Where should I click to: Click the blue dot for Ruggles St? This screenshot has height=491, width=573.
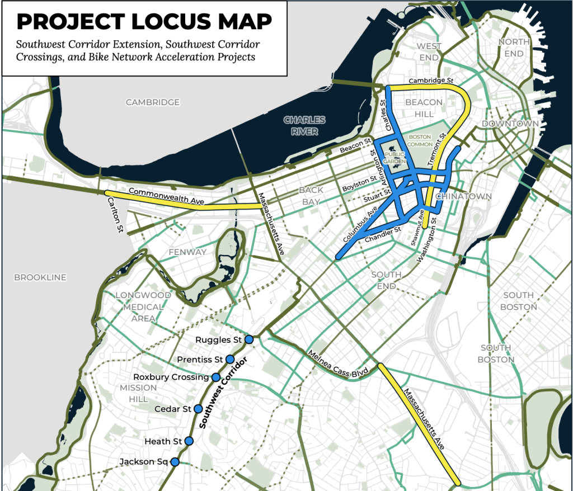249,339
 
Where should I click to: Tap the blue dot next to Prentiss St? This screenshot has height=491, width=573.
230,358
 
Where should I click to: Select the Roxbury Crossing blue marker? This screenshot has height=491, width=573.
216,377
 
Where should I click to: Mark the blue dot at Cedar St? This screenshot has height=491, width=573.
198,409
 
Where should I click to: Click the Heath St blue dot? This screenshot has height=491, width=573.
189,441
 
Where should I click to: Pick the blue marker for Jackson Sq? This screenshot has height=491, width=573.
175,461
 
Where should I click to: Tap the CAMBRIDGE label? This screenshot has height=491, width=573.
153,102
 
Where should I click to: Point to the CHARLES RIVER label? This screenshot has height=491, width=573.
304,125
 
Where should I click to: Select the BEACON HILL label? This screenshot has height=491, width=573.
424,108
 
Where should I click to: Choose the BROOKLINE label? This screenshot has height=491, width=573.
40,277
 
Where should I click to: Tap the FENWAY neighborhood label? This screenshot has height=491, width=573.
187,252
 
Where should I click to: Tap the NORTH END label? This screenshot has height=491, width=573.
514,48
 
